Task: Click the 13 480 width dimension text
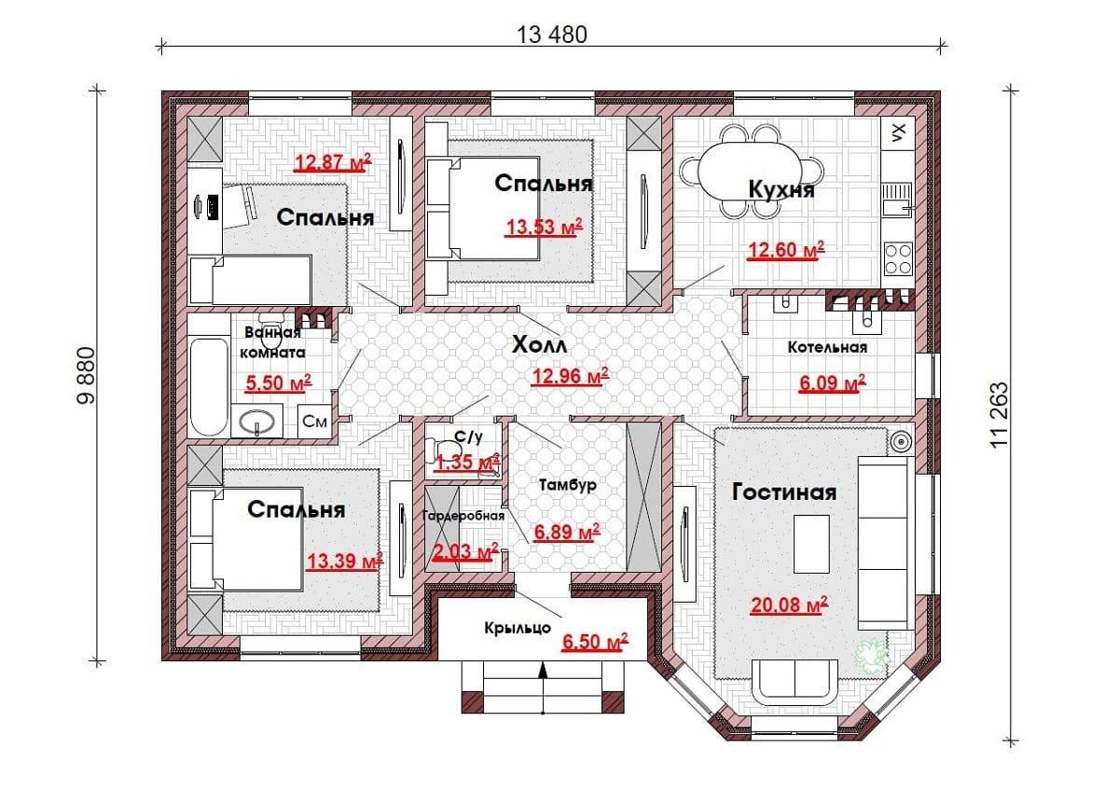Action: click(551, 35)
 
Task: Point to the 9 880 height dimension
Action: click(86, 375)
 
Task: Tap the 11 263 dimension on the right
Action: click(999, 415)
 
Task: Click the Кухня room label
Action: click(781, 190)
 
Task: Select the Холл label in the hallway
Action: click(540, 345)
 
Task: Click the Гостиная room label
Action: click(784, 493)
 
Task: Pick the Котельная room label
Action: click(827, 347)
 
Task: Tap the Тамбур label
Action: click(568, 485)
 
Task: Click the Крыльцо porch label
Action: click(518, 628)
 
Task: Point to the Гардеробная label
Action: click(463, 515)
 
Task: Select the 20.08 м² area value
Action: click(789, 605)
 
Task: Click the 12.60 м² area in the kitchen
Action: click(786, 250)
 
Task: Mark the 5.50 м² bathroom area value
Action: click(279, 382)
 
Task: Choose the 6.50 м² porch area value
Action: click(595, 641)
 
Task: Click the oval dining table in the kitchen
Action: click(752, 173)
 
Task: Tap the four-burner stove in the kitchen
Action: click(898, 258)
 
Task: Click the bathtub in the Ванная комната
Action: click(209, 386)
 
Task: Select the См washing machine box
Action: click(315, 421)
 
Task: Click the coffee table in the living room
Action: click(812, 544)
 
